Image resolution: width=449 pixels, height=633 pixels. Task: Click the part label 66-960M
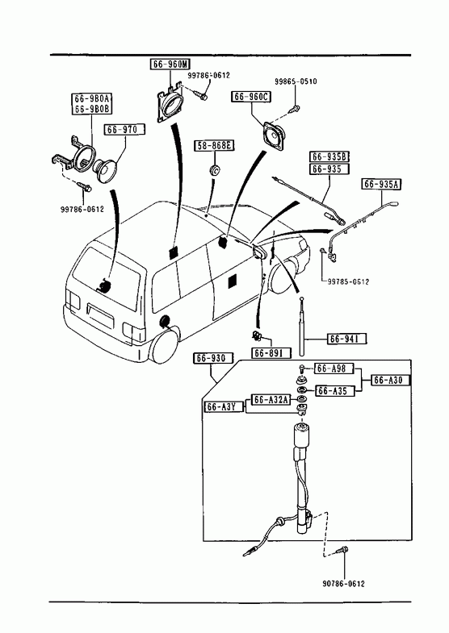point(171,65)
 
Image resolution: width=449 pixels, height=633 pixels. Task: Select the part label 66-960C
point(251,97)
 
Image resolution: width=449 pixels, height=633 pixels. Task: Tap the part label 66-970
point(124,130)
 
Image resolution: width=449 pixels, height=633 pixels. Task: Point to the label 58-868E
point(215,145)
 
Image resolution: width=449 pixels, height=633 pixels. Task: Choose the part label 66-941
point(347,339)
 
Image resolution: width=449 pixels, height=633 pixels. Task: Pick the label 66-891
point(271,353)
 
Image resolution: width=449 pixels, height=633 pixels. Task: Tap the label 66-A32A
point(271,400)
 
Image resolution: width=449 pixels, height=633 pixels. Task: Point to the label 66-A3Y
point(224,407)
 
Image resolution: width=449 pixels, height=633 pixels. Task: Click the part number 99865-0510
point(296,81)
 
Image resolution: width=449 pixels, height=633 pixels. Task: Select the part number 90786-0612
point(343,584)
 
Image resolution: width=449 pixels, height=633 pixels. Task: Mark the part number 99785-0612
point(348,281)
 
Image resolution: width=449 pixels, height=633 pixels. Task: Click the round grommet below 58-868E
point(215,170)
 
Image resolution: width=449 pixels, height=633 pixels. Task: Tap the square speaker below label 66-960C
point(274,135)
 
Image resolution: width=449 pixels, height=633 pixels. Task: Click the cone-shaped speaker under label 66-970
point(105,170)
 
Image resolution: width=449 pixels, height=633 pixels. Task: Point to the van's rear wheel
point(164,348)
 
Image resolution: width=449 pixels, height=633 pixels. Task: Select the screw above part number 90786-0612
point(343,550)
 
